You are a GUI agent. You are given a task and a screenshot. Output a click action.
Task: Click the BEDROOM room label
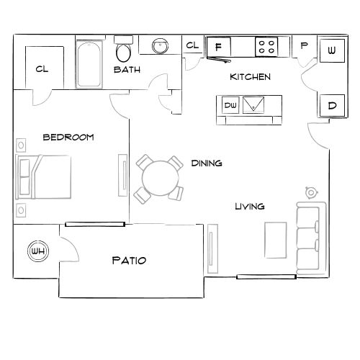68,137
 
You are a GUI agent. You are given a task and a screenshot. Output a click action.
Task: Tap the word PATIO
130,260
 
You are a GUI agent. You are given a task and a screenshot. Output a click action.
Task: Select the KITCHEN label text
250,76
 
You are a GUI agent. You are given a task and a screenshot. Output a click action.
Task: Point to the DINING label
206,163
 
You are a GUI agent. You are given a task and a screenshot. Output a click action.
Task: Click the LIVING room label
250,207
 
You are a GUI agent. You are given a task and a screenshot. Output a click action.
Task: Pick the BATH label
127,70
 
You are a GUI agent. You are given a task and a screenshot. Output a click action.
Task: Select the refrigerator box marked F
217,47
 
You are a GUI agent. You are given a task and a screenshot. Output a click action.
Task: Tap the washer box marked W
331,51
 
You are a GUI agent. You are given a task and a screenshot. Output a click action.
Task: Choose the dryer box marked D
332,105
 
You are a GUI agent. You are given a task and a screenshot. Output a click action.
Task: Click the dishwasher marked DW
230,105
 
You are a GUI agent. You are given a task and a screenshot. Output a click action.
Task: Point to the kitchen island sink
253,105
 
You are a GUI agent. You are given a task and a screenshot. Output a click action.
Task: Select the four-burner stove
267,47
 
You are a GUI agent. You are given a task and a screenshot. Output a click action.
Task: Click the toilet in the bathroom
124,51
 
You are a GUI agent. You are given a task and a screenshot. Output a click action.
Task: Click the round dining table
159,176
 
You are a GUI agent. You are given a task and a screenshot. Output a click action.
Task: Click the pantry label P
304,45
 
